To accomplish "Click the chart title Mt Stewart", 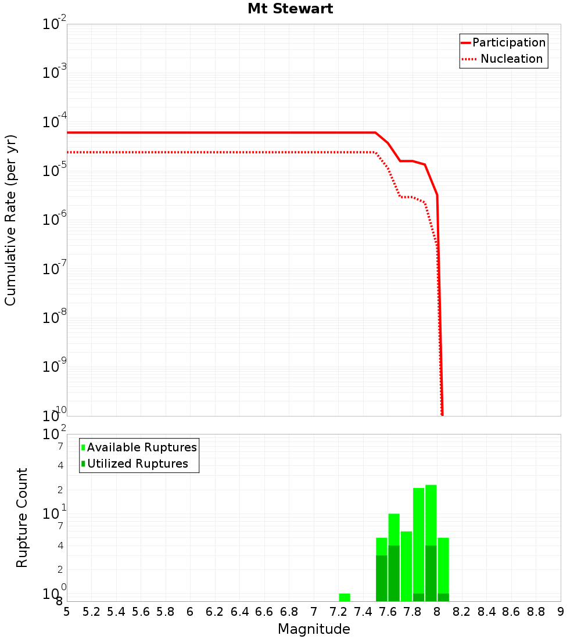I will pyautogui.click(x=290, y=9).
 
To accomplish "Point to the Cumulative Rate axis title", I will pyautogui.click(x=10, y=220).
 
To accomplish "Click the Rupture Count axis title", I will pyautogui.click(x=22, y=518).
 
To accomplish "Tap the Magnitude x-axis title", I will pyautogui.click(x=314, y=629).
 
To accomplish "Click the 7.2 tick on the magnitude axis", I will pyautogui.click(x=339, y=612).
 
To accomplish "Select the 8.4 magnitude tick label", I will pyautogui.click(x=487, y=612).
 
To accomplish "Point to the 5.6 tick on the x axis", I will pyautogui.click(x=141, y=612).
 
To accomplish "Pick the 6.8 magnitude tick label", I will pyautogui.click(x=289, y=612).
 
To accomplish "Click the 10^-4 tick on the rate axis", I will pyautogui.click(x=55, y=122).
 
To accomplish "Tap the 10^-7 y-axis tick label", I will pyautogui.click(x=55, y=269).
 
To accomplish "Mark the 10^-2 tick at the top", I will pyautogui.click(x=55, y=24).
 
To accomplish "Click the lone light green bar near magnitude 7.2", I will pyautogui.click(x=345, y=597).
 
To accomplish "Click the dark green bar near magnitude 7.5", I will pyautogui.click(x=382, y=578).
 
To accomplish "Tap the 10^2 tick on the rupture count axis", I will pyautogui.click(x=55, y=435).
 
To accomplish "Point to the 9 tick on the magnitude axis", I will pyautogui.click(x=561, y=612).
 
